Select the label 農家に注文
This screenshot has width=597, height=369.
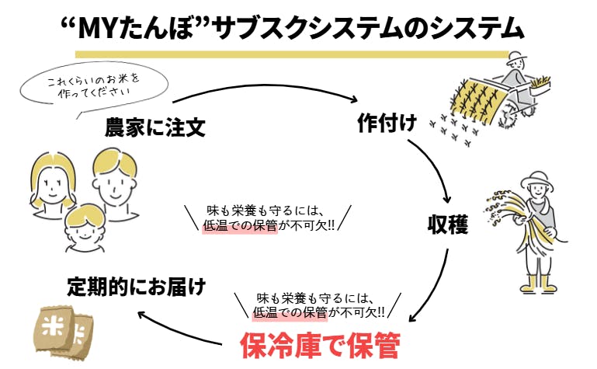[155, 128]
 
